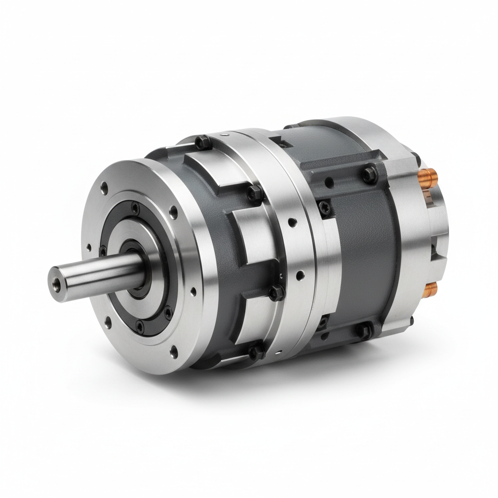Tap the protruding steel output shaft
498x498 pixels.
[92, 275]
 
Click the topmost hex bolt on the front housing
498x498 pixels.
[203, 142]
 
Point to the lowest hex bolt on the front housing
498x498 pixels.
[257, 351]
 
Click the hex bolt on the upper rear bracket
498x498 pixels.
[369, 174]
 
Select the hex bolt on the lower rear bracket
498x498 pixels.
[364, 331]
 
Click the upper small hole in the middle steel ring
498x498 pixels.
[292, 223]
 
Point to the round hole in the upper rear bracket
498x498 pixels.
[329, 183]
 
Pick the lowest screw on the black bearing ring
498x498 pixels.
[140, 325]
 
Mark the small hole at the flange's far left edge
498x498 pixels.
[88, 248]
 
